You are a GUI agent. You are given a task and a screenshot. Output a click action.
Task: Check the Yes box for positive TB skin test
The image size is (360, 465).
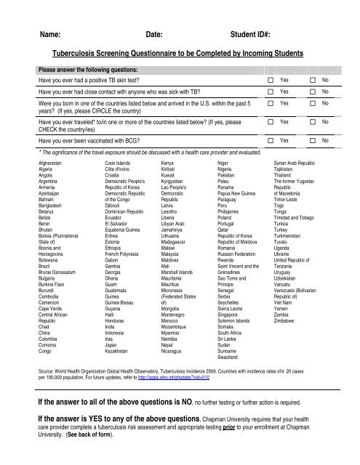tap(271, 78)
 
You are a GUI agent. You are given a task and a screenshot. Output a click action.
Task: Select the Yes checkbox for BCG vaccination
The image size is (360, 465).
tap(271, 138)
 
